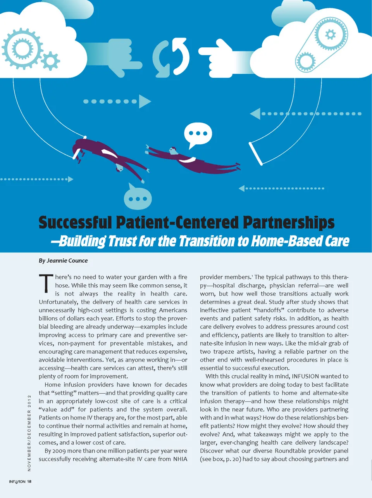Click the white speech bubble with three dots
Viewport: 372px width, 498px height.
point(198,133)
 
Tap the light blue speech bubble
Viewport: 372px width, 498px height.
point(138,198)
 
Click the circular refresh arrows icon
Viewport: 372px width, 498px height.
point(171,57)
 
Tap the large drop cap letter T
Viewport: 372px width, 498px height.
point(46,283)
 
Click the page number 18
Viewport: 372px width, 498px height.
point(29,482)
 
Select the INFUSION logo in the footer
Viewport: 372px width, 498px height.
point(17,482)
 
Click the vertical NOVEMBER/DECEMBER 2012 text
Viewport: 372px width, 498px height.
point(29,432)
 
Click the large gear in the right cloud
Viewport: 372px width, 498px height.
point(331,35)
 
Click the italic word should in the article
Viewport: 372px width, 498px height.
point(326,426)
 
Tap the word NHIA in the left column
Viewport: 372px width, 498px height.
point(180,459)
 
